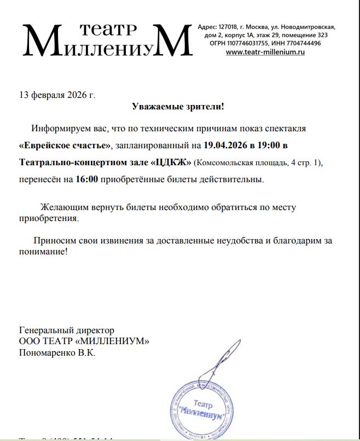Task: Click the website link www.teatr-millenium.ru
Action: click(265, 52)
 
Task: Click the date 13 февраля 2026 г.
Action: click(57, 94)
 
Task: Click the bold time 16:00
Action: click(87, 179)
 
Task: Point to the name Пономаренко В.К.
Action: click(57, 353)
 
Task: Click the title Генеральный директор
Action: click(67, 330)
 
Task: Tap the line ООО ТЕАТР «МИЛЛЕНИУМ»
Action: click(84, 341)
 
